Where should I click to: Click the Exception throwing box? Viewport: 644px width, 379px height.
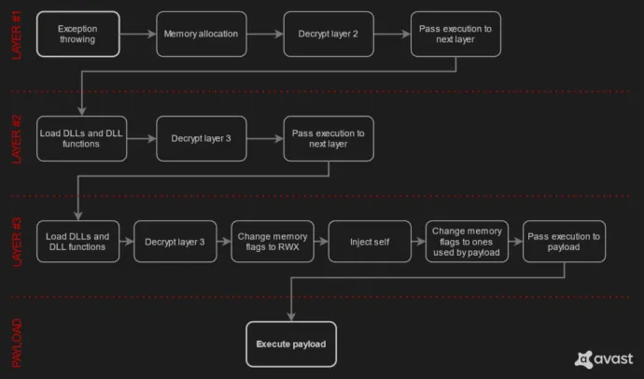77,35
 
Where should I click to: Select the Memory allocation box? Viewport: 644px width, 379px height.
201,35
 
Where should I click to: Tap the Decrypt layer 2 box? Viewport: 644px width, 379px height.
328,35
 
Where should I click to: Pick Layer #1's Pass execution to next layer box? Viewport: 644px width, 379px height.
455,35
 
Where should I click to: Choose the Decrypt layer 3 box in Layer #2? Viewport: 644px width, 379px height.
201,138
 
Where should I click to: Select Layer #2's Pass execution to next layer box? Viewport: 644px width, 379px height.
328,138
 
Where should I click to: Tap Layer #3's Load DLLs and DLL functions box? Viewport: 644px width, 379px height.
77,241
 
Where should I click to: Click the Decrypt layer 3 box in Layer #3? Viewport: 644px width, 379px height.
175,241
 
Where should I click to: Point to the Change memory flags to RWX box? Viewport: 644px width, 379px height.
272,241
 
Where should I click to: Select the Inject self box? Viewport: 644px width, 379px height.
369,241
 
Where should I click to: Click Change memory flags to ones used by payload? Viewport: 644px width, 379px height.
467,241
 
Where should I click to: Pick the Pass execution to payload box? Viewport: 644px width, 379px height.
564,241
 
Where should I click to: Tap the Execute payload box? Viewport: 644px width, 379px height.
291,344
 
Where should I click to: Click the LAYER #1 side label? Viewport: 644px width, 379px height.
17,35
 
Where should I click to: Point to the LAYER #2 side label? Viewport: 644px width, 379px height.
17,138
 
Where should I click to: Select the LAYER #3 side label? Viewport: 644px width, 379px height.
17,241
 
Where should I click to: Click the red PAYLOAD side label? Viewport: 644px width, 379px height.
17,343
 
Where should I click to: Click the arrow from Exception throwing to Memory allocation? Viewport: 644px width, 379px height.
137,35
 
